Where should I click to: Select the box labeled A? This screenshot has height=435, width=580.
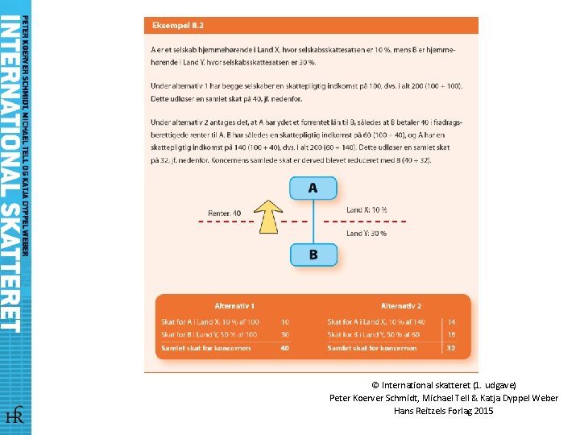[313, 188]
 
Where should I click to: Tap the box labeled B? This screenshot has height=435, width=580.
[313, 255]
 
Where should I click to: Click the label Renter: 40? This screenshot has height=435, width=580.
[224, 213]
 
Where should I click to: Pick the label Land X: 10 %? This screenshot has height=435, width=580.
[367, 210]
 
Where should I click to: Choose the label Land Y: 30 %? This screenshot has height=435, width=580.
[367, 234]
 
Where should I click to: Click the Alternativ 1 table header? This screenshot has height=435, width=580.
[235, 306]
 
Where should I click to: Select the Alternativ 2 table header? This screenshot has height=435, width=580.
[401, 306]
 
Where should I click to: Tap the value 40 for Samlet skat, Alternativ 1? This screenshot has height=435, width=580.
[285, 348]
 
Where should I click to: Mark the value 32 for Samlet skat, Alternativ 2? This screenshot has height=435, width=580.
[452, 348]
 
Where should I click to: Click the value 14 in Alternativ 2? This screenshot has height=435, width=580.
[452, 322]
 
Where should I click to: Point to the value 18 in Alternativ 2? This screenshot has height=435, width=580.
[452, 334]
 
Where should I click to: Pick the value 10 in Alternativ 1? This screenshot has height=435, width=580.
[285, 322]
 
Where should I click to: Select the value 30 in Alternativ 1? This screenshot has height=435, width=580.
[285, 334]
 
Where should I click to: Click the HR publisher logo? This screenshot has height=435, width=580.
[14, 416]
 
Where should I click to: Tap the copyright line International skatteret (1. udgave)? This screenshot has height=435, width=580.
[444, 385]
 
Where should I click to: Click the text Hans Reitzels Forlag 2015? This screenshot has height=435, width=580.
[444, 411]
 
